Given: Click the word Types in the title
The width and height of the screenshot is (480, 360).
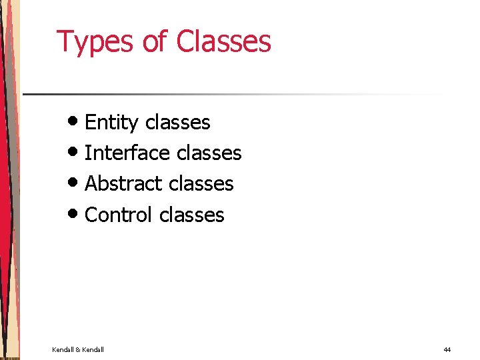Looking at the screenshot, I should click(x=96, y=42).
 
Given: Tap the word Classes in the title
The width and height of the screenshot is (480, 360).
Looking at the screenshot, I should click(x=223, y=41).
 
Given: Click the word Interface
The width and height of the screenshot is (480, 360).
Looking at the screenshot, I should click(x=126, y=153).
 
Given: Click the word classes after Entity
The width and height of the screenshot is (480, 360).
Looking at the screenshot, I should click(x=177, y=123).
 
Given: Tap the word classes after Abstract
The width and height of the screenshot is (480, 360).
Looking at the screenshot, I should click(x=201, y=184).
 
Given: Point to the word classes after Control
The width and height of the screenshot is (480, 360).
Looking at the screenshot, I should click(x=192, y=215).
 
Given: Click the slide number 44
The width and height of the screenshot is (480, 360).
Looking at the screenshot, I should click(x=447, y=349).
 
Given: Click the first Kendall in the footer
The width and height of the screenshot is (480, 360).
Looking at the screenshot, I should click(x=63, y=349).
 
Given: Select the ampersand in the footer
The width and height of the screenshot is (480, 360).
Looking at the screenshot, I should click(x=78, y=349).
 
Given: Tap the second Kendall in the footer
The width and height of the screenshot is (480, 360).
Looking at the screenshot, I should click(x=93, y=349).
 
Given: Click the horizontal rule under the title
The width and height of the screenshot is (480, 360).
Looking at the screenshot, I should click(x=233, y=94).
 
